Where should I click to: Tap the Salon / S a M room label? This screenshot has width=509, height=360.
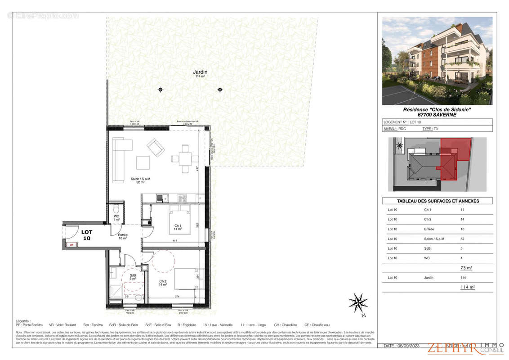[140, 179]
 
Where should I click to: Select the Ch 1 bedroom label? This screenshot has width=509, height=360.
[178, 226]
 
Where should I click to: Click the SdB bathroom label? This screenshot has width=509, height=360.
[133, 276]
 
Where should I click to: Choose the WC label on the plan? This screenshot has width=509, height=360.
[116, 217]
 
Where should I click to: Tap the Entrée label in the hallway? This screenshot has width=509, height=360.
[123, 235]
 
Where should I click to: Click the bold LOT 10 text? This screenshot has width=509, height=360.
[86, 235]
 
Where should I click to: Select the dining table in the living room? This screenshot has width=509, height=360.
[185, 158]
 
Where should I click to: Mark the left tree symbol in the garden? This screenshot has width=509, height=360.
[161, 90]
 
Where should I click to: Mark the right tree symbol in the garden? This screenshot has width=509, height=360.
[220, 90]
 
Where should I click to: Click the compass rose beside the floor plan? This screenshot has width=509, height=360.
[358, 302]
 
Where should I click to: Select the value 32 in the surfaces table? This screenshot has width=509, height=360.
[463, 239]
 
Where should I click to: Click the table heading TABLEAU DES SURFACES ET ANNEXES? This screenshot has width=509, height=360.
[437, 201]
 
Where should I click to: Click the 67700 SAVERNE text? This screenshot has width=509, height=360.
[437, 115]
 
